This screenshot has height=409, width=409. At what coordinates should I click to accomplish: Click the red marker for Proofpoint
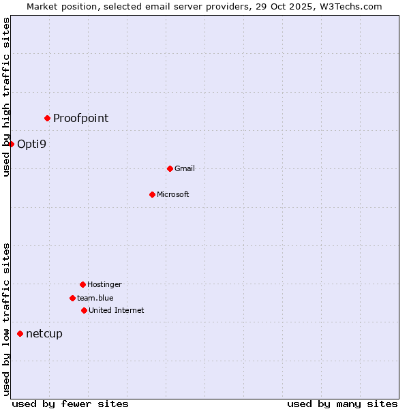47,118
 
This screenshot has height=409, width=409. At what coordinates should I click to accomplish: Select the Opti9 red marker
11,144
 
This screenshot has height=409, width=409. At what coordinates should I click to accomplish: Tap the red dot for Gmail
170,168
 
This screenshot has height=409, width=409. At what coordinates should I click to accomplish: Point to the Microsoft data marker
152,194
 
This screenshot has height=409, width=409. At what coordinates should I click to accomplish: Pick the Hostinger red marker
82,284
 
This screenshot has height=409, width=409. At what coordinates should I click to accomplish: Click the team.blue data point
72,298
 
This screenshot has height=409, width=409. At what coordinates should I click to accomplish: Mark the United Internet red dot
84,310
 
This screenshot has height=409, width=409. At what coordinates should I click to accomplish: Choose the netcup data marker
20,333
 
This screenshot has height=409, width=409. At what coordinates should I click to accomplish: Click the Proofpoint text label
80,118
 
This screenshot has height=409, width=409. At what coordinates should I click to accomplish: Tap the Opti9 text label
31,144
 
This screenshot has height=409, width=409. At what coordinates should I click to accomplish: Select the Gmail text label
185,168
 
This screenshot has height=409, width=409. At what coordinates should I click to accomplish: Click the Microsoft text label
173,194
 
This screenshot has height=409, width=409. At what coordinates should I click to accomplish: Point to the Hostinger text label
104,284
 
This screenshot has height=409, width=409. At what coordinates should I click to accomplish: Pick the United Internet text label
116,310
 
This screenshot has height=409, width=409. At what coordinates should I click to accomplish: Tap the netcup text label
44,333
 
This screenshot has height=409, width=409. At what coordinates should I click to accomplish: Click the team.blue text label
95,298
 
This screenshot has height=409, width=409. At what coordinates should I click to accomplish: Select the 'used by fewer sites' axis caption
70,404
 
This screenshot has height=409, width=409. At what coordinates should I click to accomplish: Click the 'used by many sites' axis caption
342,404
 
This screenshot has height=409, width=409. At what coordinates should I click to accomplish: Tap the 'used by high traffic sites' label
6,97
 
